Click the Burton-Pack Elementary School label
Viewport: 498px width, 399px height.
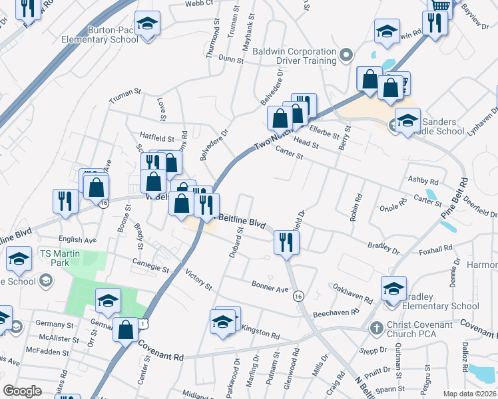[x=113, y=35]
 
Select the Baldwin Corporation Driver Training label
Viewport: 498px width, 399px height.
[x=297, y=56]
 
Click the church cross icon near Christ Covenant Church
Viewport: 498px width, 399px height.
[x=377, y=329]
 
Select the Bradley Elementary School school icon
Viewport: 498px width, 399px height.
[x=393, y=289]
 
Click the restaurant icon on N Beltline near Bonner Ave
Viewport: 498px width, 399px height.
[x=286, y=243]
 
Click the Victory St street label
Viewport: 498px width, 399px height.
[x=198, y=279]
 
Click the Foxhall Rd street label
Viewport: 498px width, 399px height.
[x=435, y=250]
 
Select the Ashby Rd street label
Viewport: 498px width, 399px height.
[x=423, y=181]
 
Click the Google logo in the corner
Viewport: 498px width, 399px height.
[x=22, y=391]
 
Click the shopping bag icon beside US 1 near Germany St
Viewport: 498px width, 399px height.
[x=125, y=330]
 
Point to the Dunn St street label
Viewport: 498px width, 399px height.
[x=231, y=59]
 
